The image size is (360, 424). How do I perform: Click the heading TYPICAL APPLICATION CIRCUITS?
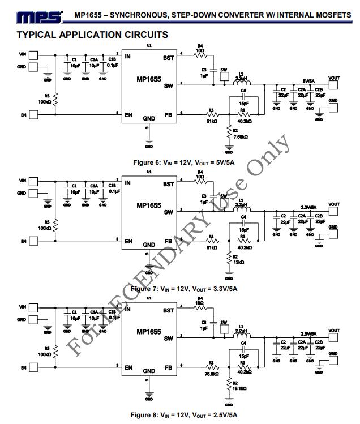tap(92, 35)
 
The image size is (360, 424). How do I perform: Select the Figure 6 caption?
tap(179, 162)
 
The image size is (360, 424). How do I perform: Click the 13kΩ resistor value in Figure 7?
tap(238, 262)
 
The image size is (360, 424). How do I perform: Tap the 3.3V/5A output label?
tap(307, 207)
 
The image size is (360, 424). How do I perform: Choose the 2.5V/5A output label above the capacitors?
tap(307, 333)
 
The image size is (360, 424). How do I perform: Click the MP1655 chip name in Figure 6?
tap(148, 79)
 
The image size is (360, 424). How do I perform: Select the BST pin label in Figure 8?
tap(168, 310)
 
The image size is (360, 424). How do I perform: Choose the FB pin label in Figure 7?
tap(169, 241)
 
